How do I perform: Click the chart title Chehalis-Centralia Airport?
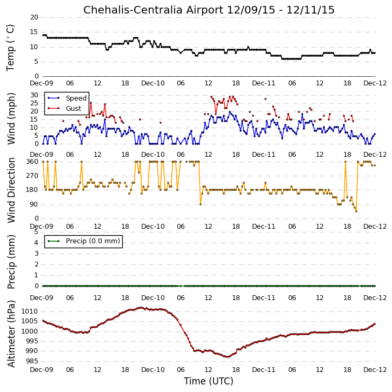coord(153,10)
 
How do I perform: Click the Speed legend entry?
coord(67,98)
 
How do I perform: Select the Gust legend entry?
coord(64,109)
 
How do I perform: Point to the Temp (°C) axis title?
coord(10,48)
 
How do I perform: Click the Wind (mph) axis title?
coord(11,118)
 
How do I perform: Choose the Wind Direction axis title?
coord(11,190)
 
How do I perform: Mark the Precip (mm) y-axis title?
coord(11,262)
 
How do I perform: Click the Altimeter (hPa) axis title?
coord(11,334)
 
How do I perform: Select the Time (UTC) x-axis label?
coord(209,381)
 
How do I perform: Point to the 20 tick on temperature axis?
coord(34,17)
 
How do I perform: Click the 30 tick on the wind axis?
coord(34,95)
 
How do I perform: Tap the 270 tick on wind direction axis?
coord(32,176)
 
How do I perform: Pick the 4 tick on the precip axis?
coord(36,243)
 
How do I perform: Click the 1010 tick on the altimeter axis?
coord(30,311)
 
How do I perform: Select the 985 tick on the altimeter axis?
coord(31,361)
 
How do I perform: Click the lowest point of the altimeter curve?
coord(227,357)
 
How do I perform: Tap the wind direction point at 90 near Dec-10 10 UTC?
coord(201,204)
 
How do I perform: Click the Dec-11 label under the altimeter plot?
coord(263,369)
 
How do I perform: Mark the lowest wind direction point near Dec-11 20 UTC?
coord(356,211)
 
